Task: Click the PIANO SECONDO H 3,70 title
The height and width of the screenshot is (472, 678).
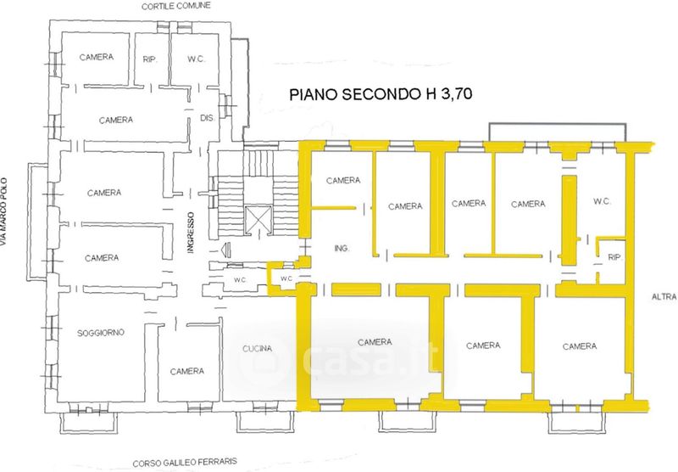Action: point(381,94)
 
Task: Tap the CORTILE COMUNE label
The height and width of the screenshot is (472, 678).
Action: point(176,6)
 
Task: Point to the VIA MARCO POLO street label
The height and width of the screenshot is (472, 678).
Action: point(4,212)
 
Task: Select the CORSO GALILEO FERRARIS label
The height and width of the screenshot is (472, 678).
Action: point(185,462)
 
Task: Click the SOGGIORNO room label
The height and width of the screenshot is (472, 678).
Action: point(101,333)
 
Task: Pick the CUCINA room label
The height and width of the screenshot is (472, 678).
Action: point(258,349)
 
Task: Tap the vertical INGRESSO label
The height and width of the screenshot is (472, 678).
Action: point(192,232)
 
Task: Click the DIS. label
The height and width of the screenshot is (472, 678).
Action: point(208,118)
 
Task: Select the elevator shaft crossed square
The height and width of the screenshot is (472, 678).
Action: point(258,217)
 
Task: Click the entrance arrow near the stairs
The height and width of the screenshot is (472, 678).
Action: point(225,250)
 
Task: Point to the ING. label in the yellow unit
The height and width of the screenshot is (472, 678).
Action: point(342,248)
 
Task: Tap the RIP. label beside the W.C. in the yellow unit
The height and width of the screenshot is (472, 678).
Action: point(614,257)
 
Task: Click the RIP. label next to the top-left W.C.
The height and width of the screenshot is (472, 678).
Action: point(150,59)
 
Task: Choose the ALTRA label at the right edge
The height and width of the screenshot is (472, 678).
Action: point(664,297)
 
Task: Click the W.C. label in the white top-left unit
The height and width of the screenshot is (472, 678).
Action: point(197,59)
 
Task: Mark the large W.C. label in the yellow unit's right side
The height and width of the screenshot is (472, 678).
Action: point(602,201)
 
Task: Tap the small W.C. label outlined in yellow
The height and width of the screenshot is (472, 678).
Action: point(286,278)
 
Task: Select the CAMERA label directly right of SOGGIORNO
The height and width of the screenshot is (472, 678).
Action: point(186,371)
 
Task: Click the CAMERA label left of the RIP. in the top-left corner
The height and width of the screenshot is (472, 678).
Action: point(97,57)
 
